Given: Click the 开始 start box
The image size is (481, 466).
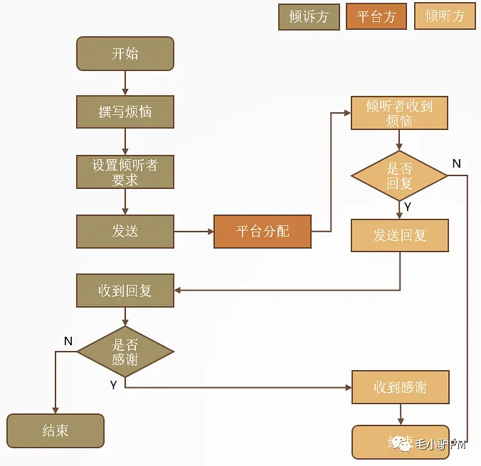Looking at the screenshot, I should point(125,54).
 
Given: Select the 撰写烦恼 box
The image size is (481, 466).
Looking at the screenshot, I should point(125,112).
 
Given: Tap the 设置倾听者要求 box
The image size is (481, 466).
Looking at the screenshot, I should point(125,172).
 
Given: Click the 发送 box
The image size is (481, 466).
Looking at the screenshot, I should point(125,232).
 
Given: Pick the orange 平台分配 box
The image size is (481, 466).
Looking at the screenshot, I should point(263,232).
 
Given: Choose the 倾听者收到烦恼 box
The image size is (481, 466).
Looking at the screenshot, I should point(399,113).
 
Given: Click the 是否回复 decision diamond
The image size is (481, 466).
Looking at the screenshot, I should point(399,175).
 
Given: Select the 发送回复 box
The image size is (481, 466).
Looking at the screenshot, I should point(399,235).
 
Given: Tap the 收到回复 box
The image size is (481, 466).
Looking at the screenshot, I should point(125,291).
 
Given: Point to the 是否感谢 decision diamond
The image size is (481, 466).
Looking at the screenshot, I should point(125,352).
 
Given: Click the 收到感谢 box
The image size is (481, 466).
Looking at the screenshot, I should point(399,387).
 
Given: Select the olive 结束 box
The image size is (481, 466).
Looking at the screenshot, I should point(55,430).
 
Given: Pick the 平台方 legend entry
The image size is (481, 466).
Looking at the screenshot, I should point(376,16).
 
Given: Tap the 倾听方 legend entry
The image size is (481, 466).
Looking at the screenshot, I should point(445,16).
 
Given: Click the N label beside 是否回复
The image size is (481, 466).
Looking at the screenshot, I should point(456,163).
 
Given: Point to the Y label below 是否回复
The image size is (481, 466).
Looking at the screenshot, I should point(407,207).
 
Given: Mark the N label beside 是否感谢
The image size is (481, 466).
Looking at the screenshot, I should point(68,341).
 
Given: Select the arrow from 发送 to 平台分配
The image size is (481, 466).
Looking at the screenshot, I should point(194,232).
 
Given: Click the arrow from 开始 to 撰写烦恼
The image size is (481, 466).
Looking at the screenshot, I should point(125,83).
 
